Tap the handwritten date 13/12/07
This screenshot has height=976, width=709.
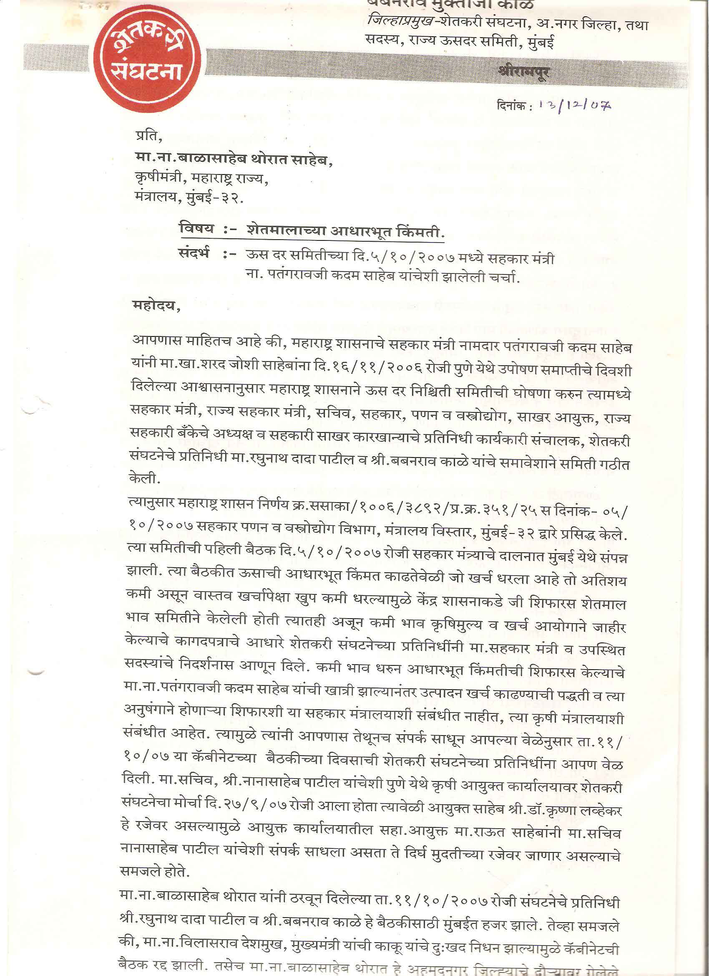[x=574, y=106]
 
